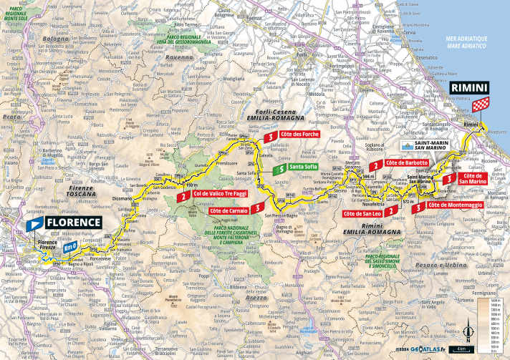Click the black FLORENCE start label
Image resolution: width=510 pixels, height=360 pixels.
pos(73,222)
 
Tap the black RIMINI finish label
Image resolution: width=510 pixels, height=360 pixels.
pos(469,89)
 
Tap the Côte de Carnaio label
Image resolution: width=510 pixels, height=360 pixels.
pos(229,211)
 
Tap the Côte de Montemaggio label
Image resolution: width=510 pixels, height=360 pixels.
pos(453,206)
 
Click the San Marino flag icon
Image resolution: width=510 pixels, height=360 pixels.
pos(408,146)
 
